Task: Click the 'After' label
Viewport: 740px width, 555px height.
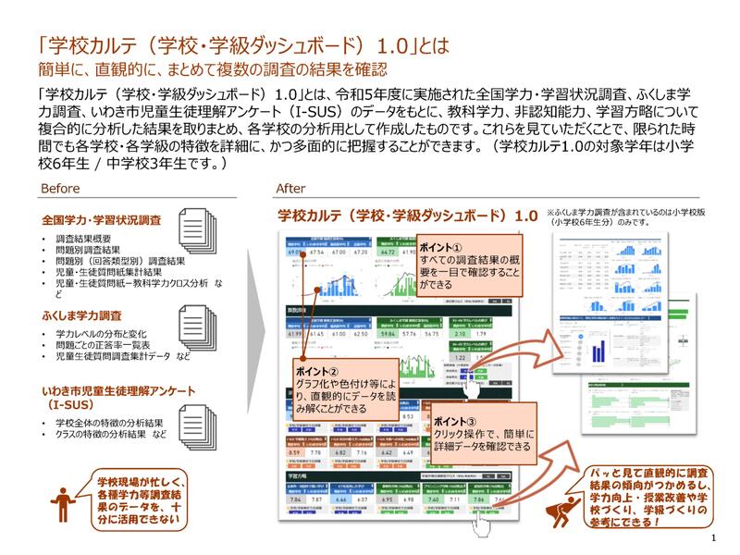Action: pos(290,188)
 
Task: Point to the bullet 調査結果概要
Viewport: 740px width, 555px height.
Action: pos(84,240)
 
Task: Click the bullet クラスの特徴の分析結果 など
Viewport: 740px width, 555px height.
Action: pos(112,436)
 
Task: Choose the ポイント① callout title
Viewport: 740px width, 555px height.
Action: pos(435,250)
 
